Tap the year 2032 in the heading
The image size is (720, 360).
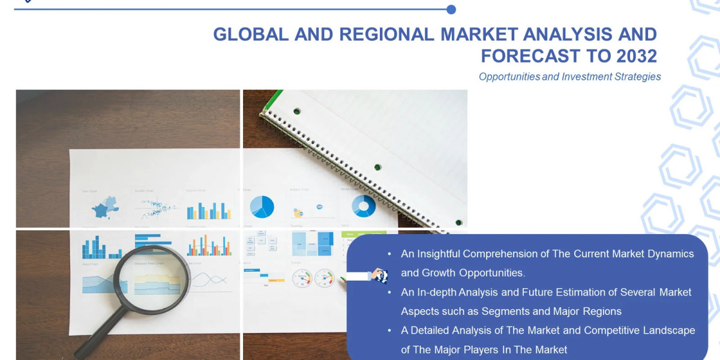(637, 56)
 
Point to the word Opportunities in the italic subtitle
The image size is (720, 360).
(509, 77)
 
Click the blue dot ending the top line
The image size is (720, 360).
(451, 10)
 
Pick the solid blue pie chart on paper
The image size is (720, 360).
(262, 207)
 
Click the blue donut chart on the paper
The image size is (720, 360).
(364, 206)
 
